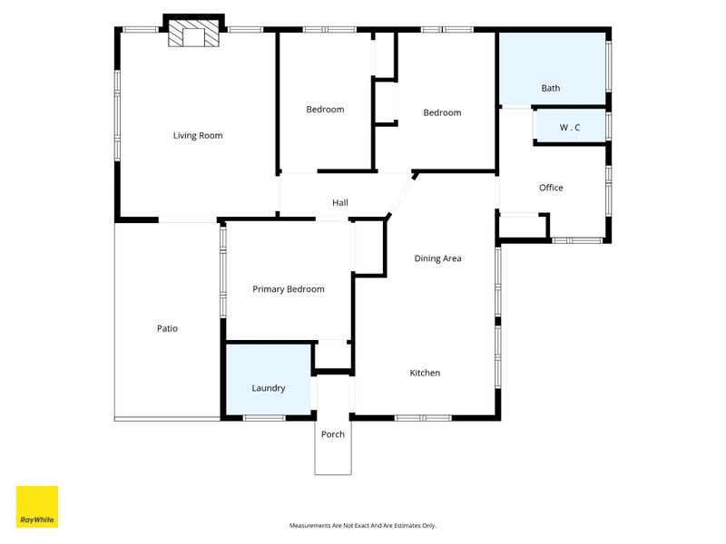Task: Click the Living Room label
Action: [x=198, y=135]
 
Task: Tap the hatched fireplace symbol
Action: [x=193, y=33]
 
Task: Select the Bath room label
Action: [x=551, y=88]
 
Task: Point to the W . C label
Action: [x=570, y=127]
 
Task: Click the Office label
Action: [x=551, y=188]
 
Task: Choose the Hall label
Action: [x=339, y=202]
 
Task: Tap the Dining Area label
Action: [x=437, y=258]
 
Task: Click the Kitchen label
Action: [x=425, y=373]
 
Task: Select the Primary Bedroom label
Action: [x=288, y=289]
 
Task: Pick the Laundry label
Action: [x=268, y=388]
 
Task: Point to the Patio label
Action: [x=167, y=328]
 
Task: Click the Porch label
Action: [x=332, y=434]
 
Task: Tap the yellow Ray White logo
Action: [x=37, y=507]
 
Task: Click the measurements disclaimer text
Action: [x=362, y=526]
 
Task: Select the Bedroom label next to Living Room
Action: [x=325, y=110]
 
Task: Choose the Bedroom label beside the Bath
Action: [x=442, y=112]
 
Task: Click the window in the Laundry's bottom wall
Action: [x=264, y=418]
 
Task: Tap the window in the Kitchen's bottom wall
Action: [x=423, y=418]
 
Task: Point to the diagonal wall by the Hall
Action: [x=401, y=195]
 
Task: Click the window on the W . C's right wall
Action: [x=608, y=125]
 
